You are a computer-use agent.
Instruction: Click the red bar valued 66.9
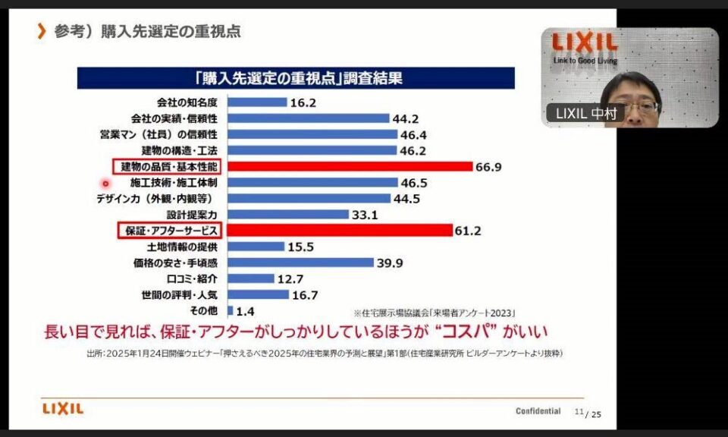(x=350, y=166)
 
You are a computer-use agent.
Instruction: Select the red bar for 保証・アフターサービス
(x=339, y=230)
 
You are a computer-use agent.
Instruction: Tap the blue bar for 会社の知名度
(x=257, y=102)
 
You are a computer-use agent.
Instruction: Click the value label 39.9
(x=392, y=263)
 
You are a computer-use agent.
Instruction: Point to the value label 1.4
(x=246, y=311)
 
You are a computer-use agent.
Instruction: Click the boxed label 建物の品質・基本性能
(x=169, y=166)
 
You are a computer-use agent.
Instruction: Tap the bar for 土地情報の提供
(x=256, y=247)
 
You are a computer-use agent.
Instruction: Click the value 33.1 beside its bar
(x=366, y=215)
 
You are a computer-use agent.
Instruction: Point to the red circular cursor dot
(x=105, y=183)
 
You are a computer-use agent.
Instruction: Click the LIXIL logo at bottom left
(x=63, y=410)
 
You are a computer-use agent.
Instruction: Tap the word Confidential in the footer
(x=538, y=411)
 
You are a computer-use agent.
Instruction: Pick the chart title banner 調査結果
(x=297, y=77)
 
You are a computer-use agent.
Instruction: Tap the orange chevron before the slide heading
(x=42, y=32)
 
